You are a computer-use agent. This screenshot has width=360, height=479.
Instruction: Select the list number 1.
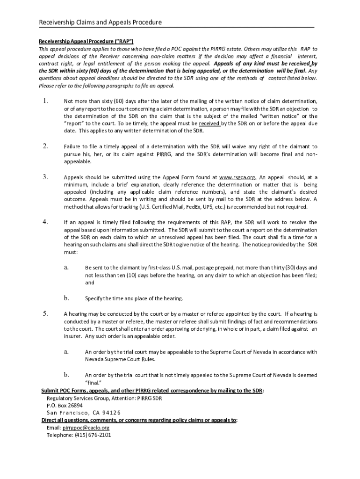coord(45,101)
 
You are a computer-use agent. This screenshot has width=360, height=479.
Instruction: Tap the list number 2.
coord(45,146)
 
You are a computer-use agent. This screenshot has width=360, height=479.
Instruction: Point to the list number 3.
coord(45,177)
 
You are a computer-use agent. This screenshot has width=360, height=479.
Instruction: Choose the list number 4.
coord(45,222)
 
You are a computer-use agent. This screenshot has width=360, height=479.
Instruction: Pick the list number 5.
coord(45,313)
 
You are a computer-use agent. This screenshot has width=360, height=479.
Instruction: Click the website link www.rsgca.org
coord(238,178)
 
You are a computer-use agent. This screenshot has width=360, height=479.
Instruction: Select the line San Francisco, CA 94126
coord(83,413)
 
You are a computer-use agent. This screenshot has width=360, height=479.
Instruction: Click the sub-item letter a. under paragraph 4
coord(66,267)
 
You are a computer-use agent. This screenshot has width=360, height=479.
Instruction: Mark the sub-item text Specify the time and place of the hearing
coord(134,298)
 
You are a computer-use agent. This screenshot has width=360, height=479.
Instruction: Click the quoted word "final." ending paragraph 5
coord(94,382)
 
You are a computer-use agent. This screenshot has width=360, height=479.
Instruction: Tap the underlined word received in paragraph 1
coord(209,123)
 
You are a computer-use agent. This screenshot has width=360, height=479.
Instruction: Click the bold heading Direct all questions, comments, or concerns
coord(139,420)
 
